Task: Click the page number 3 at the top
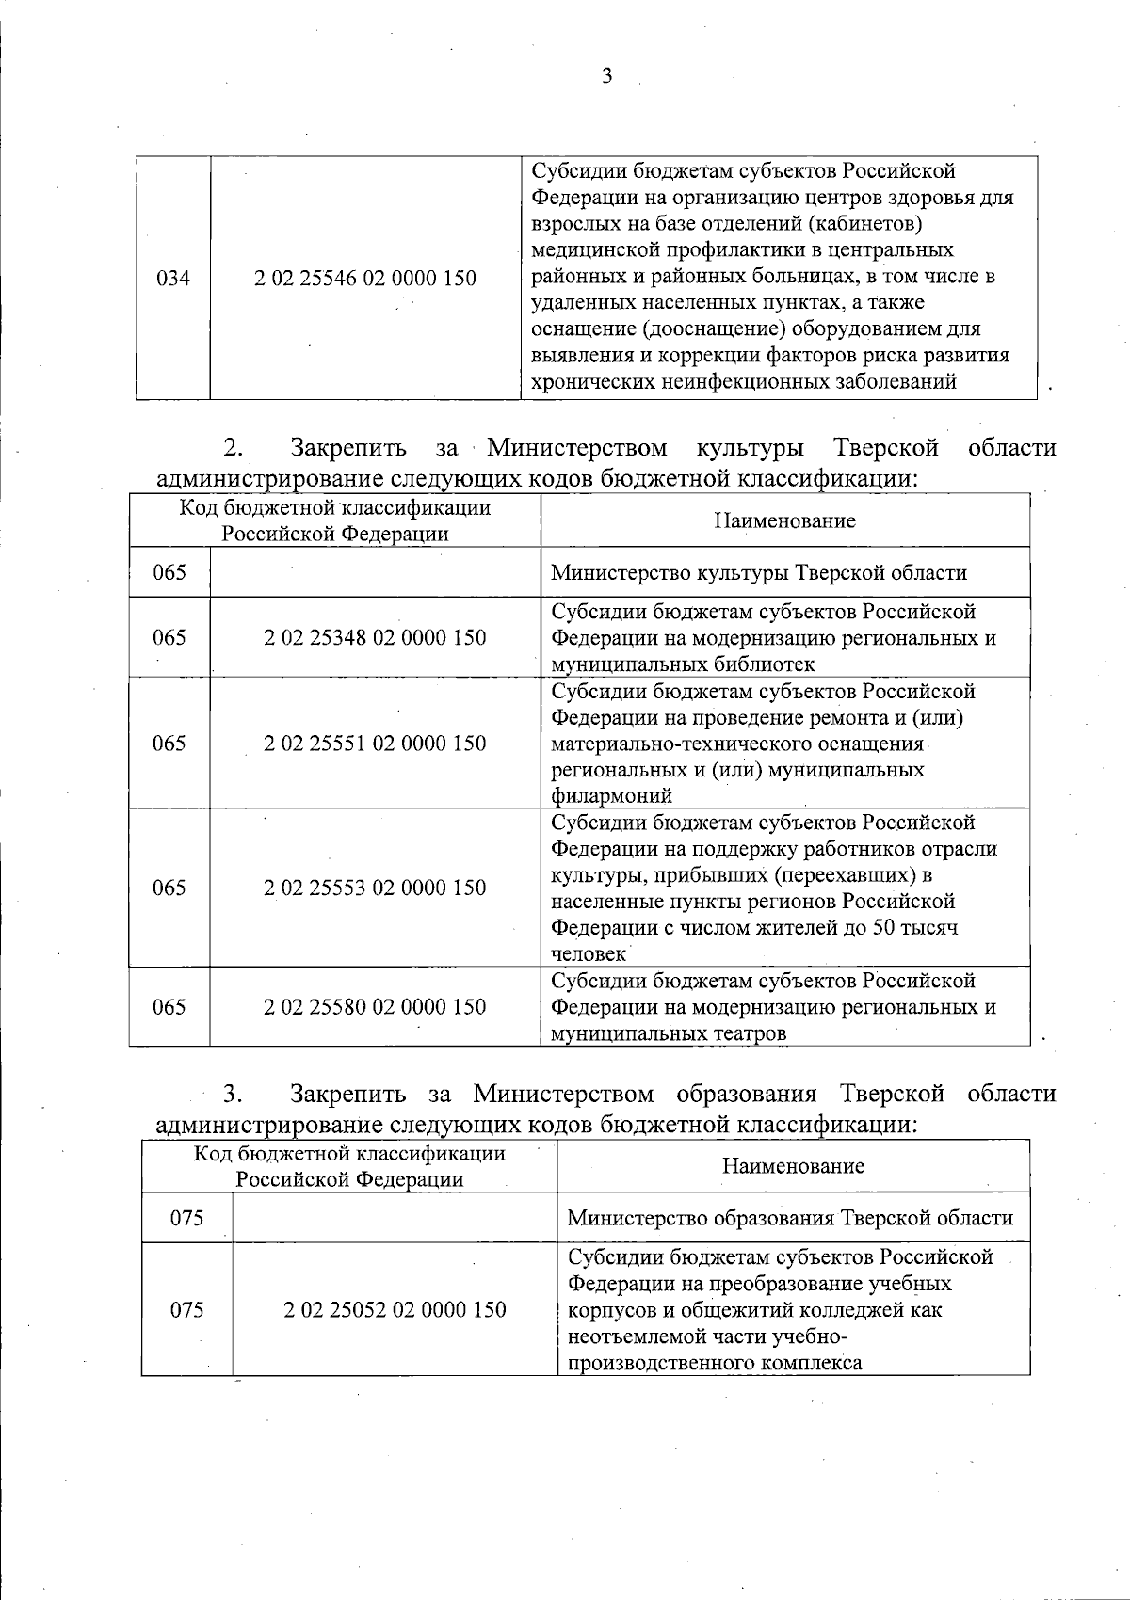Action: point(606,76)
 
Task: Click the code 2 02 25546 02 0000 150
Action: point(365,279)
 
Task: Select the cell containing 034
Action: point(172,279)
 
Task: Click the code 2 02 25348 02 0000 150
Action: point(375,638)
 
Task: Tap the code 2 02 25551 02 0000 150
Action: point(375,744)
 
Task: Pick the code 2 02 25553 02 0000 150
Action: point(375,888)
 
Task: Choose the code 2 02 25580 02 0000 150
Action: point(375,1007)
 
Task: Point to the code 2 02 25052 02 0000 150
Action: point(395,1310)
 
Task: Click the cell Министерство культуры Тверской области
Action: point(758,573)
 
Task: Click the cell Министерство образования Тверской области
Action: point(790,1219)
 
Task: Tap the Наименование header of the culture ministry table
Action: point(784,521)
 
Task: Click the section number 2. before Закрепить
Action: point(234,446)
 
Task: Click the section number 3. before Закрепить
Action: point(234,1094)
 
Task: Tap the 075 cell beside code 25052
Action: point(186,1310)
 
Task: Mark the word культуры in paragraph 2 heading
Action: point(751,446)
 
